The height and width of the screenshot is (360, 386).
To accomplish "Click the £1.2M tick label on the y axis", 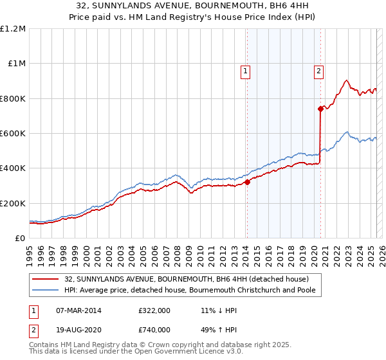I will pyautogui.click(x=14, y=28).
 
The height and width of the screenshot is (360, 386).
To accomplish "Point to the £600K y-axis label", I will pyautogui.click(x=13, y=133).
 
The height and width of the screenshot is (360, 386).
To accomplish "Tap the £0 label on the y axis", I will pyautogui.click(x=20, y=238).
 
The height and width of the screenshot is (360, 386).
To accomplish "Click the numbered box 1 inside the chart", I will pyautogui.click(x=246, y=72).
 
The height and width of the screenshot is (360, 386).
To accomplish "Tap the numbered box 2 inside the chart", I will pyautogui.click(x=319, y=72).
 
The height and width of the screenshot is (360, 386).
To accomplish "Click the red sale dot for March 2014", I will pyautogui.click(x=247, y=182).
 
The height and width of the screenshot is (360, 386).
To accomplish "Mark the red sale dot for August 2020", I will pyautogui.click(x=320, y=109).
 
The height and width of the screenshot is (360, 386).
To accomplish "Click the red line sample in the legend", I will pyautogui.click(x=45, y=279).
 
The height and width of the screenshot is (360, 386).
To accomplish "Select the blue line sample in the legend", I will pyautogui.click(x=45, y=289).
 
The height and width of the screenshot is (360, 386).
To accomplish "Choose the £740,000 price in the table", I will pyautogui.click(x=154, y=330).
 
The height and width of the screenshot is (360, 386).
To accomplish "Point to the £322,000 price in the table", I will pyautogui.click(x=154, y=310).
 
